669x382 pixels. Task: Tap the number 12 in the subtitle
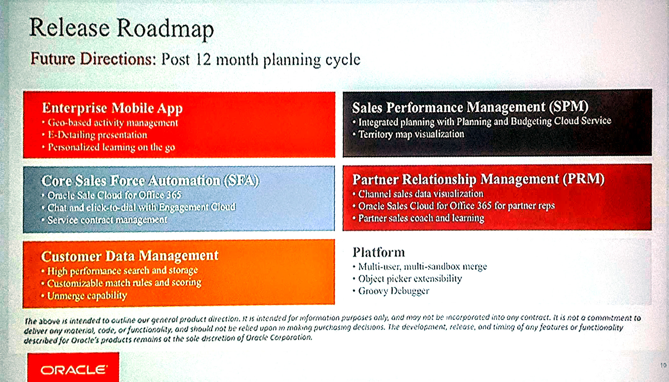203,60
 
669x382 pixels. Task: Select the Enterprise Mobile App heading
112,108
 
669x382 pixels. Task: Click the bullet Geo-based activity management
113,123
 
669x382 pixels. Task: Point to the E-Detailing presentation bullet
97,135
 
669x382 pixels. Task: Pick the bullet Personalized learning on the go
111,147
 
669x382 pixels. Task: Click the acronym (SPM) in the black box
568,107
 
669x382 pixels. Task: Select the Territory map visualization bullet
411,134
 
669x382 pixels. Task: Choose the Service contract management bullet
107,220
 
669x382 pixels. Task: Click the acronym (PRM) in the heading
584,179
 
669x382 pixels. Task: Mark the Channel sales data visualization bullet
421,194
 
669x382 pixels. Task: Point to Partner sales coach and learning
421,218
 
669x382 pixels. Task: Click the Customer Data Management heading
130,256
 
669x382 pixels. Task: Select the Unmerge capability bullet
87,296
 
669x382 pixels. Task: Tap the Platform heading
378,252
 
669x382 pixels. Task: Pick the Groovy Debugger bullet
393,291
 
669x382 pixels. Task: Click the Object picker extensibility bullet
410,279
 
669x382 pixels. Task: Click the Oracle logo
73,369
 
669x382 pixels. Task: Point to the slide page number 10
663,365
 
